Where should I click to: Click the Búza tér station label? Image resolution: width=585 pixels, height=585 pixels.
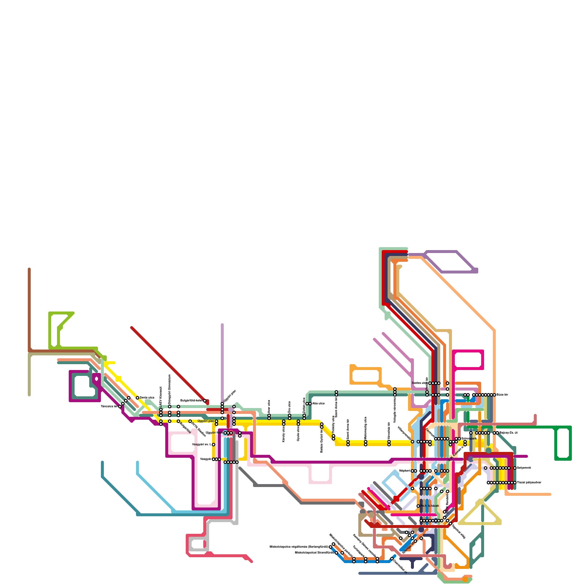(x=502, y=395)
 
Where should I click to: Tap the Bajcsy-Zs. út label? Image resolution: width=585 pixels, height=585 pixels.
(x=508, y=433)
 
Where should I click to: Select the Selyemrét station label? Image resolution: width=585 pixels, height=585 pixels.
(x=524, y=468)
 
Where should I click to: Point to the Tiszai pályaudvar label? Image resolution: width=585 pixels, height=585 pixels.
(x=529, y=483)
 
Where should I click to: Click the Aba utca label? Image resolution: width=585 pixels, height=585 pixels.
(x=318, y=404)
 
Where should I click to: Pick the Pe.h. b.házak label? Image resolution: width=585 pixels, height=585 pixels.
(x=430, y=506)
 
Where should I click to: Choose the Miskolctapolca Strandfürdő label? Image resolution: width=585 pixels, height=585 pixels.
(x=314, y=553)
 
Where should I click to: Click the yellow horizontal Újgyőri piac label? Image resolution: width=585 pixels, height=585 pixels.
(x=206, y=421)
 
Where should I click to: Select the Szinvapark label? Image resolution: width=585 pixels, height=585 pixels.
(x=468, y=438)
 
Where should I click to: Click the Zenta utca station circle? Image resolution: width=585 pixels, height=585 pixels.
(x=137, y=398)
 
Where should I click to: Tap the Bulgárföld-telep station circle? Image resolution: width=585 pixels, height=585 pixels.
(x=205, y=401)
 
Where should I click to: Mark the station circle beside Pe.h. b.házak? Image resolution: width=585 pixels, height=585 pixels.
(x=418, y=506)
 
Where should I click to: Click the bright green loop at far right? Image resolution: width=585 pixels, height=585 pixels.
(x=563, y=442)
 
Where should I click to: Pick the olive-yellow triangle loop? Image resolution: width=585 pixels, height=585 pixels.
(x=480, y=516)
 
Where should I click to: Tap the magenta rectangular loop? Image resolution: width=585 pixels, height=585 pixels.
(x=468, y=360)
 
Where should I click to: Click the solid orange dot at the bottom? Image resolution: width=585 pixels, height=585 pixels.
(x=465, y=579)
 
